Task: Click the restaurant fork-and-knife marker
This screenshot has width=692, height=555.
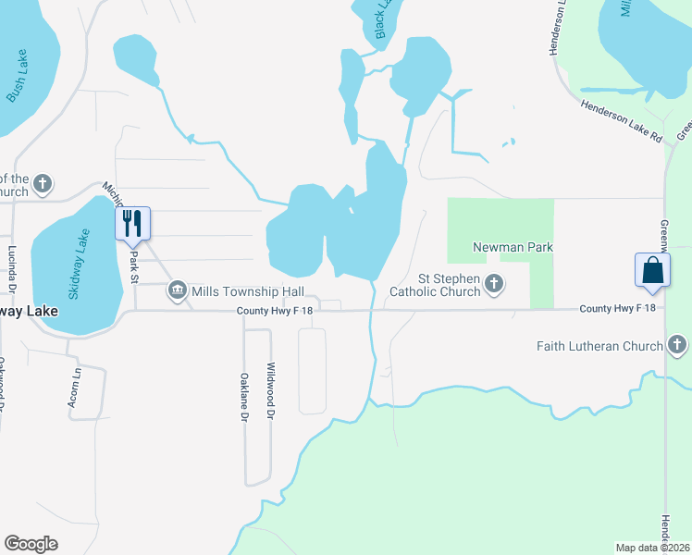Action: [x=132, y=223]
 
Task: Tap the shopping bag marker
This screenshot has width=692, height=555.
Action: [x=652, y=269]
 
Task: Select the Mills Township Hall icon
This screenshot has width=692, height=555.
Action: [x=177, y=291]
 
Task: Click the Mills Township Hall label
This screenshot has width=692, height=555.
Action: [x=248, y=291]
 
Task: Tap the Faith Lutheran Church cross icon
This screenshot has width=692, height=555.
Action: [x=677, y=346]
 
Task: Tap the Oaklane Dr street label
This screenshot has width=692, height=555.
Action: [x=244, y=397]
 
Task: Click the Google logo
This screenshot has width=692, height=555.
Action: [x=31, y=544]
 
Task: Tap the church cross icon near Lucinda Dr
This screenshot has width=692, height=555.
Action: [x=42, y=185]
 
